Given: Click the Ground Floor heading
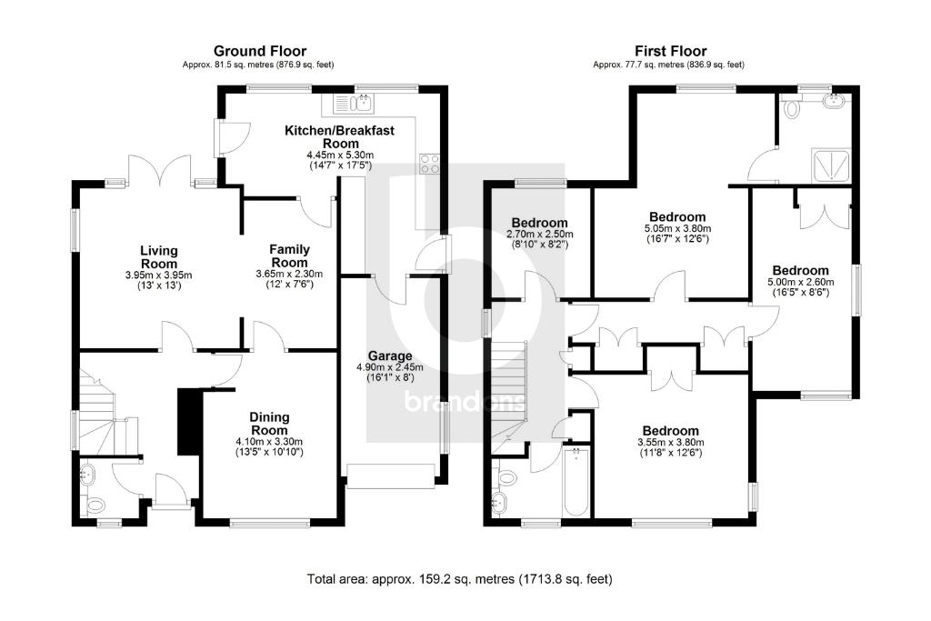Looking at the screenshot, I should (x=259, y=51).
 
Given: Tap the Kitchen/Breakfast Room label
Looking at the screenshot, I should (x=339, y=137).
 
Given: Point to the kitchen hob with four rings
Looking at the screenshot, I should (x=428, y=164).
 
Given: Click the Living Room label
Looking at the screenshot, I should (x=158, y=256).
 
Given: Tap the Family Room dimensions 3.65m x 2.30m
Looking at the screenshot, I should (x=290, y=274).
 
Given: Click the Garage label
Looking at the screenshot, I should (x=390, y=356).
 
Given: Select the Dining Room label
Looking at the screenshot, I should (x=269, y=424).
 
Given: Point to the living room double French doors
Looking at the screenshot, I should (x=159, y=171).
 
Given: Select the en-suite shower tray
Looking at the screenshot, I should (x=831, y=165).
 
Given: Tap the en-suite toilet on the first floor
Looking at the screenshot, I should (x=792, y=110).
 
